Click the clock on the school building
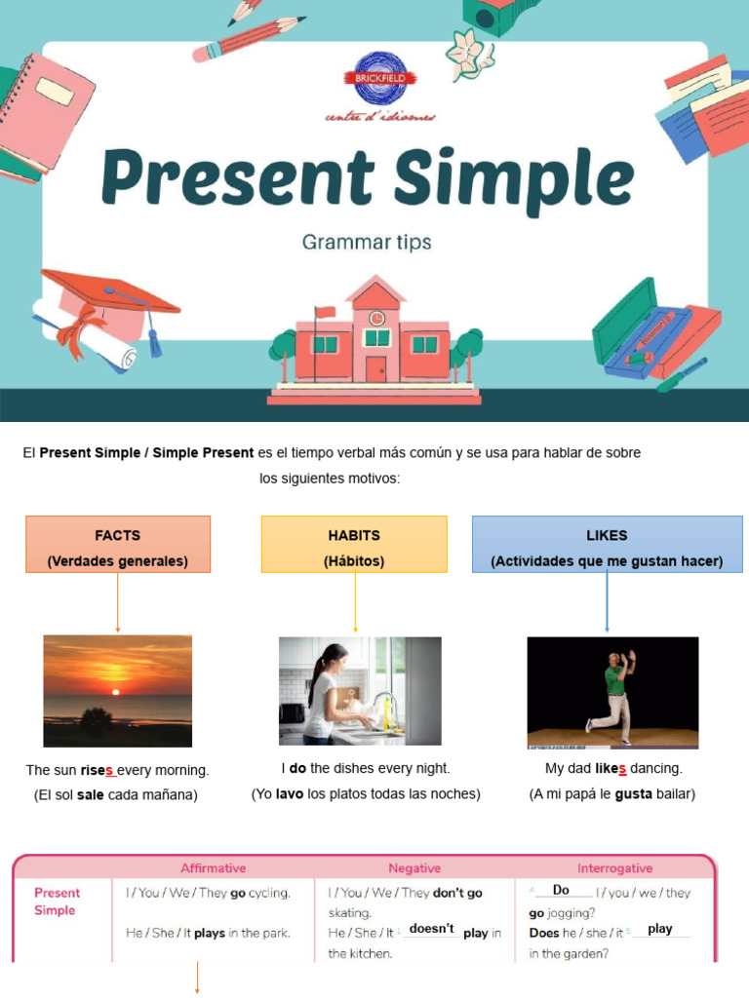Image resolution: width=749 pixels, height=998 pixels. click(x=376, y=318)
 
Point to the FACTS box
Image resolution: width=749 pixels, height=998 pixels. click(x=117, y=544)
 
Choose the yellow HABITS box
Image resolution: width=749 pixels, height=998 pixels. click(x=354, y=544)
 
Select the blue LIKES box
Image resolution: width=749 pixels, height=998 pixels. click(x=607, y=544)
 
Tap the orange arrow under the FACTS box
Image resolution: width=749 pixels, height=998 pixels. click(x=117, y=602)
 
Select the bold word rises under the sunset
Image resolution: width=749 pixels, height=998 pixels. click(x=98, y=771)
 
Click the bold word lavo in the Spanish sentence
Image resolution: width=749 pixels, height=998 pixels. click(x=290, y=794)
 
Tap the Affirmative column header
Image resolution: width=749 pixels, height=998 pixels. click(x=213, y=867)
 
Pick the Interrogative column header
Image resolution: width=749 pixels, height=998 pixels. click(x=614, y=867)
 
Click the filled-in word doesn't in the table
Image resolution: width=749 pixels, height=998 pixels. click(x=431, y=929)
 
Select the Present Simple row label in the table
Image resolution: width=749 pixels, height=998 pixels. click(x=58, y=902)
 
